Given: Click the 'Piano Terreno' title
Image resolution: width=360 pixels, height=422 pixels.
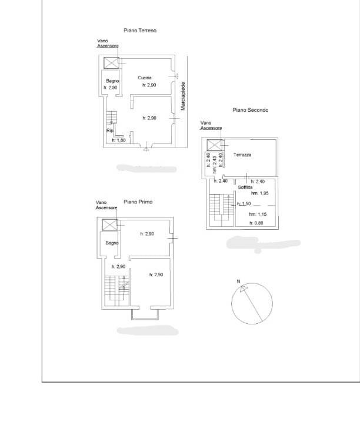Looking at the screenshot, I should (x=139, y=30).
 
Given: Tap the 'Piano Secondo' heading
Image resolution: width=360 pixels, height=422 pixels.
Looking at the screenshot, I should (x=250, y=110).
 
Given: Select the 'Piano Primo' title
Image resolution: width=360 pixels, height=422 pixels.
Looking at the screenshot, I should (x=138, y=202).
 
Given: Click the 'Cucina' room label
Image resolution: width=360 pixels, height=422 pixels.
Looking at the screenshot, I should (x=145, y=78).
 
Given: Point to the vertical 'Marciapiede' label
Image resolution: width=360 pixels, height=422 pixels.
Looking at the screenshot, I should (x=184, y=96).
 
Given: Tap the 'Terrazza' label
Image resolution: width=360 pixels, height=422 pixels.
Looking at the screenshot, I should (x=242, y=155).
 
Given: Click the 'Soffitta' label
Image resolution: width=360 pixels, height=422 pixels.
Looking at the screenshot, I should (x=245, y=187).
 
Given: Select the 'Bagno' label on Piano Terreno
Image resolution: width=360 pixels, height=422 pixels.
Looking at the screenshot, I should (x=112, y=81).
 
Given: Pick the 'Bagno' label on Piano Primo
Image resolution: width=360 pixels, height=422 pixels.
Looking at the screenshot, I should (x=112, y=243).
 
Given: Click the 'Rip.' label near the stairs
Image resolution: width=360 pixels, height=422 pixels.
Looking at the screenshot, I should (x=109, y=130).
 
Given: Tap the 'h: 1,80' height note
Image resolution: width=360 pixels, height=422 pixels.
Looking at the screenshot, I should (x=119, y=140).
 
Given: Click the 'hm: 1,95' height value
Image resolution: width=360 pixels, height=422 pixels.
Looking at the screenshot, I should (x=259, y=193).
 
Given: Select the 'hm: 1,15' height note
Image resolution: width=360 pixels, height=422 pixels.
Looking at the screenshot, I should (x=258, y=214).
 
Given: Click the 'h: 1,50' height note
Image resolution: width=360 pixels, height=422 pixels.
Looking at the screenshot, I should (x=244, y=203).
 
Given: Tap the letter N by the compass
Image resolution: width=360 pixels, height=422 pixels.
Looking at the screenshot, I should (x=238, y=282).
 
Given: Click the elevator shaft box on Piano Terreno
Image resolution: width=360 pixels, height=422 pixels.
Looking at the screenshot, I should (x=111, y=63).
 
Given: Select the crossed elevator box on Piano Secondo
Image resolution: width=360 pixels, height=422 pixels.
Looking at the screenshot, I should (x=214, y=145).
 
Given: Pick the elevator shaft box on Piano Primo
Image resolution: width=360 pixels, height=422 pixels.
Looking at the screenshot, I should (x=109, y=224).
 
